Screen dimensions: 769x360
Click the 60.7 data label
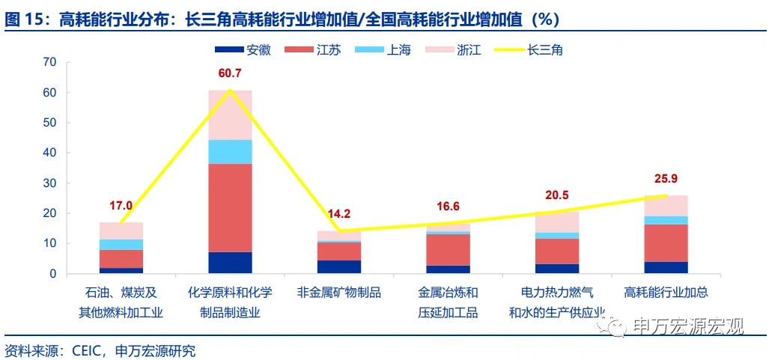[230, 73]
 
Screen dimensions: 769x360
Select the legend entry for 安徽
[243, 49]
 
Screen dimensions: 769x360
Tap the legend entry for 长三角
[528, 49]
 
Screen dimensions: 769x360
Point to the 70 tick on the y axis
[50, 62]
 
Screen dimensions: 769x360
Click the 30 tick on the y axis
[50, 183]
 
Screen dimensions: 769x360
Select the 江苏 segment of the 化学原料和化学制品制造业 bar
[230, 208]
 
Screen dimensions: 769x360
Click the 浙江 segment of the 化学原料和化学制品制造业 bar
[230, 115]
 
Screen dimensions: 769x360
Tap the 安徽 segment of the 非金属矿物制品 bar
[339, 266]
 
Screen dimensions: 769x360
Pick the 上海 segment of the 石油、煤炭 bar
[121, 245]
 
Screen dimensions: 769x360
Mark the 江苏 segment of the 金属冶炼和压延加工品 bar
[448, 250]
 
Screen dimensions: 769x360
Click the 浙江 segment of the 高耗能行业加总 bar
[666, 206]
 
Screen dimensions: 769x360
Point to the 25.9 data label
[666, 179]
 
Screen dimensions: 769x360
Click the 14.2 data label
[339, 214]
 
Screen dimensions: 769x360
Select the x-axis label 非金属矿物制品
[339, 293]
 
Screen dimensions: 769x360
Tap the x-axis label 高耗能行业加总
[666, 293]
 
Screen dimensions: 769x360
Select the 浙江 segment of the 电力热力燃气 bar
[556, 222]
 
